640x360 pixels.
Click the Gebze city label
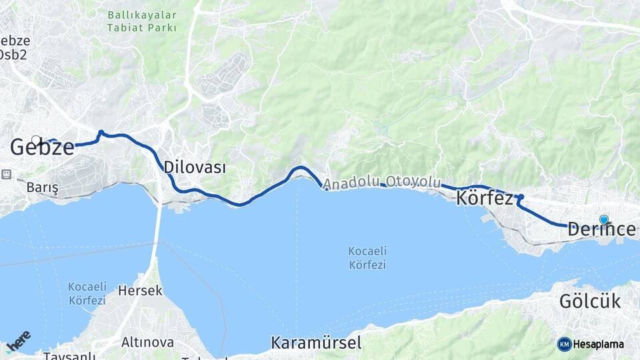pos(42,148)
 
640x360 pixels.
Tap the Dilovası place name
pos(195,167)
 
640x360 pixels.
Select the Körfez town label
pos(485,199)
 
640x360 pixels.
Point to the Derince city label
pos(601,229)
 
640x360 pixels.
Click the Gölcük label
pos(589,301)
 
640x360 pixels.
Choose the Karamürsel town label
pos(316,343)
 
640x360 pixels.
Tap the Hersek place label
pos(140,291)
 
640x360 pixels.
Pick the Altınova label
pos(147,343)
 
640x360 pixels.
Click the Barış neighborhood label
pos(43,188)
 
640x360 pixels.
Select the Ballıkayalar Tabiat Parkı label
pos(142,21)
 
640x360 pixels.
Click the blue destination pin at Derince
pos(604,219)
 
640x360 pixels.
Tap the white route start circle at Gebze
pos(37,141)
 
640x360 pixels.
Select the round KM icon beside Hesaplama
pos(564,344)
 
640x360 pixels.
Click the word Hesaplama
pos(599,345)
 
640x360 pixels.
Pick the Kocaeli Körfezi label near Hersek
pos(87,293)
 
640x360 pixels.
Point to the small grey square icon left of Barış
pos(7,174)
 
